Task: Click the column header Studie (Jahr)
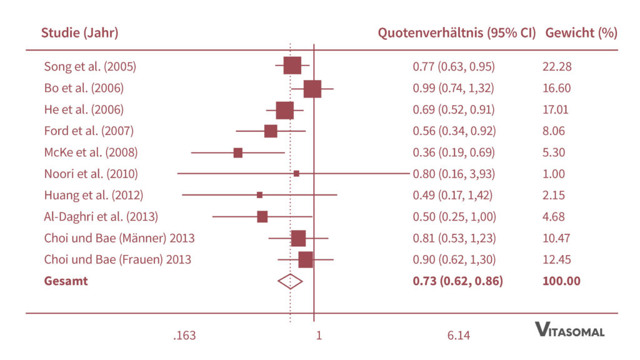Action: [79, 33]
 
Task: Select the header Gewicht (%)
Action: [581, 33]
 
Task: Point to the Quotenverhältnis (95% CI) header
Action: [457, 33]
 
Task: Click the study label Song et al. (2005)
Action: [90, 66]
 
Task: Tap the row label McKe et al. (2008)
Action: [91, 152]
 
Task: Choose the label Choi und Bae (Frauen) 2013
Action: [117, 259]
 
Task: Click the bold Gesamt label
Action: [66, 281]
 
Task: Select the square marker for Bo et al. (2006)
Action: [312, 89]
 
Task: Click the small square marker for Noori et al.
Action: [296, 173]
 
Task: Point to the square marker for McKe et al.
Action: [238, 152]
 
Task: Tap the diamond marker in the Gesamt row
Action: [290, 281]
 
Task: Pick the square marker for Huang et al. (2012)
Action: [259, 195]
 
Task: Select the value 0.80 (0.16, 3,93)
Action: [454, 174]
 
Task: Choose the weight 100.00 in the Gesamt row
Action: [561, 281]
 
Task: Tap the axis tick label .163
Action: [184, 336]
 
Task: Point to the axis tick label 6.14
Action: [459, 336]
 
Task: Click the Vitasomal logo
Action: [569, 330]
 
